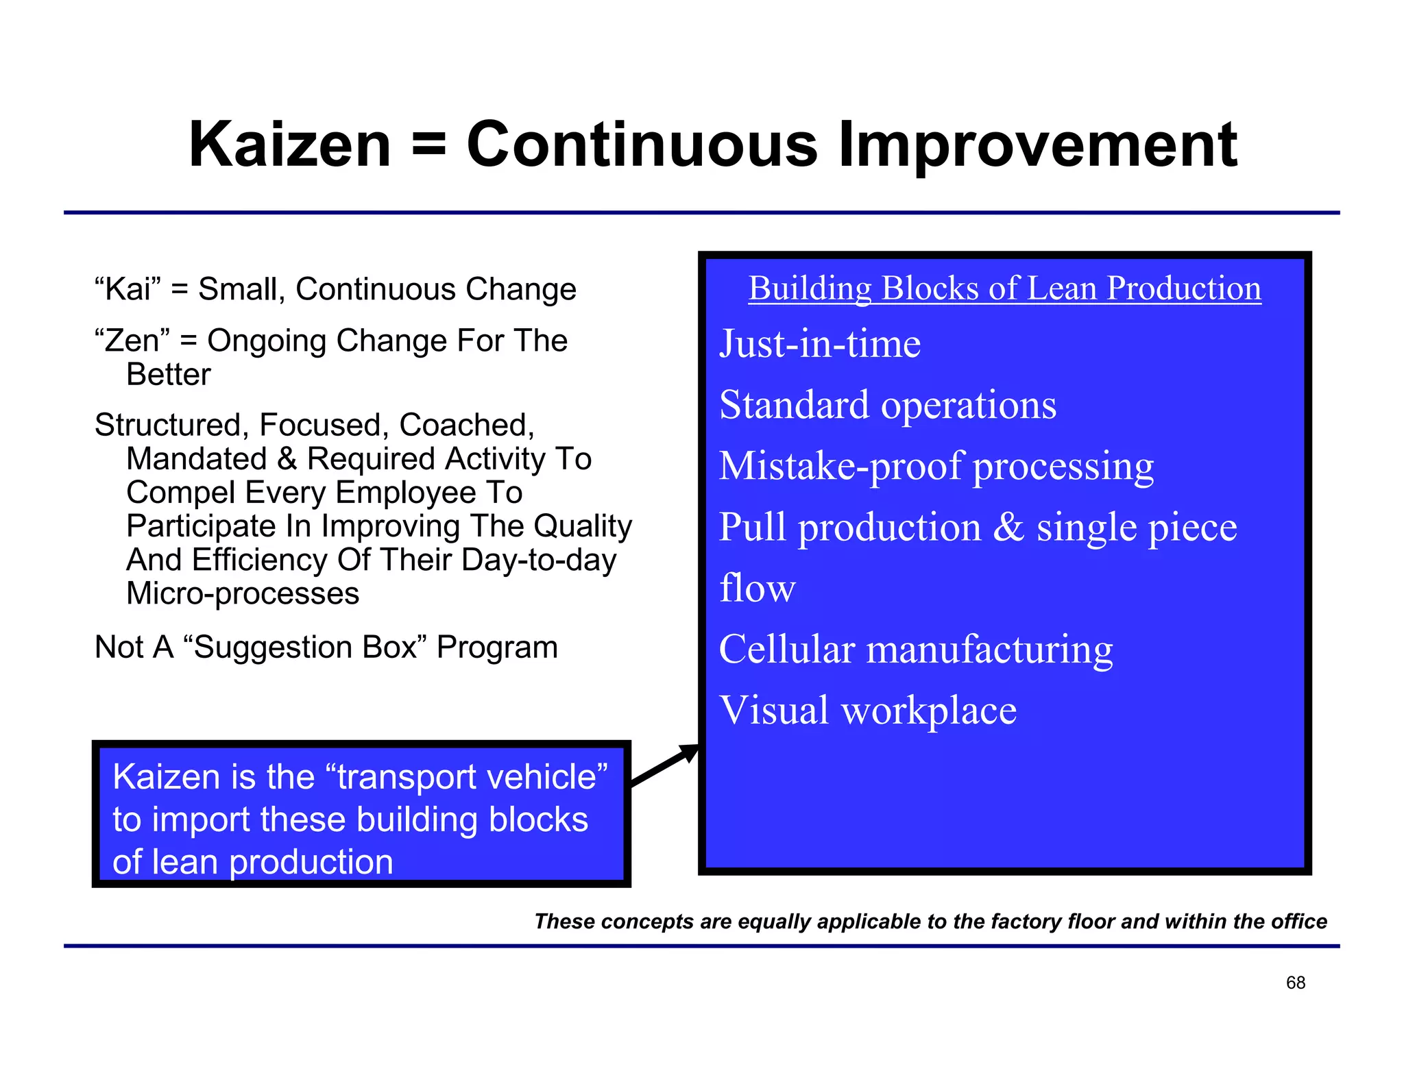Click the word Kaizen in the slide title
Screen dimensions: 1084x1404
(x=289, y=145)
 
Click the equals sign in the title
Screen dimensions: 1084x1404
(x=429, y=146)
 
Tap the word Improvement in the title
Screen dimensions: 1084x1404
(x=1037, y=146)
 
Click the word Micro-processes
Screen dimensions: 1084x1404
(x=243, y=593)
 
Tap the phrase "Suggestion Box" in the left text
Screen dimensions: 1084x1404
(x=305, y=647)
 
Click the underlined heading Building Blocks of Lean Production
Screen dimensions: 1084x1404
(x=1004, y=288)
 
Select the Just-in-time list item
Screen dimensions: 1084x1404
(x=820, y=343)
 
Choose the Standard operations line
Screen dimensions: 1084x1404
(x=888, y=404)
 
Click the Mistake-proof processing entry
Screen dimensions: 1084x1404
(x=936, y=466)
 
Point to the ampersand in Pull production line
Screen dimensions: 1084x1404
(x=1008, y=527)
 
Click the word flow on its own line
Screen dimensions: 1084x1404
(x=757, y=588)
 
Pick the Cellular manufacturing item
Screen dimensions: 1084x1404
(x=916, y=649)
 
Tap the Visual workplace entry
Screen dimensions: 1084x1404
(x=868, y=710)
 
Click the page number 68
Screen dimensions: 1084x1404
(x=1295, y=983)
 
